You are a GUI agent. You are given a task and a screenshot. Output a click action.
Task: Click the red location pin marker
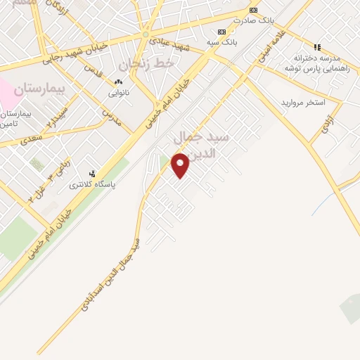pos(181,165)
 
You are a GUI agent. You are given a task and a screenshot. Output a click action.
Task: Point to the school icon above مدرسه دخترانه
pos(317,48)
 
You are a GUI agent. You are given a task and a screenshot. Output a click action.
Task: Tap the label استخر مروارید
pos(303,103)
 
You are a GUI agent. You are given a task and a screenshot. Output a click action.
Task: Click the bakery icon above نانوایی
pos(117,82)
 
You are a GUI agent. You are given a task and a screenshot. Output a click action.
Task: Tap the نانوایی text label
pos(117,93)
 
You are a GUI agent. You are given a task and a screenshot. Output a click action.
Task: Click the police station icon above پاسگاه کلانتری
pos(92,174)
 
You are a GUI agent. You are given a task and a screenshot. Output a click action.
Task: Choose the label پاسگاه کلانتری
pos(92,185)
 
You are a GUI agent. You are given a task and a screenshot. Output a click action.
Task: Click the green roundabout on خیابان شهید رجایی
pos(146,34)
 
